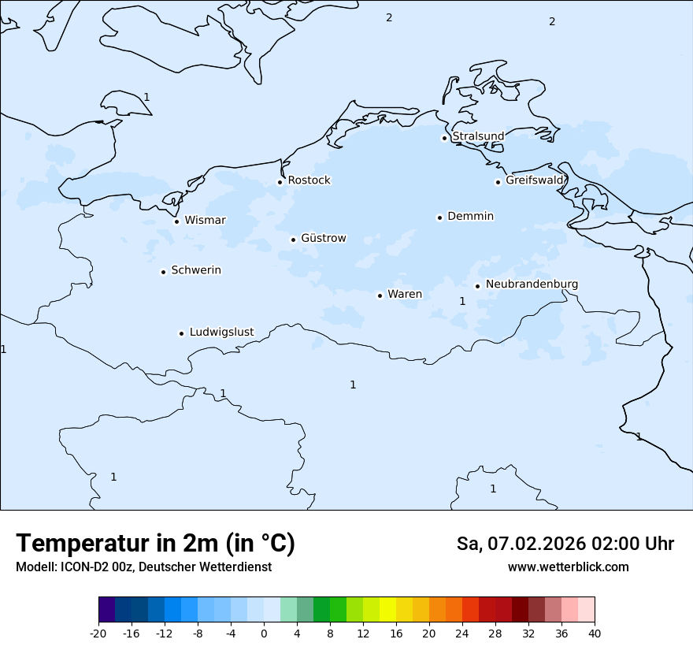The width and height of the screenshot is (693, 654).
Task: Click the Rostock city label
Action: pos(309,180)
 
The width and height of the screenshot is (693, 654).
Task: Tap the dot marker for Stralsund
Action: pos(444,138)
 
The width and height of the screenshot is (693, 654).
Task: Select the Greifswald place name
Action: pos(535,180)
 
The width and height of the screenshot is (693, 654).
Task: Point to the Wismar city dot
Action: pos(176,221)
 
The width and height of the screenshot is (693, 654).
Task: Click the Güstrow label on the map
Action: pos(323,238)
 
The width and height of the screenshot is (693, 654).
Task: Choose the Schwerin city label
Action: pos(196,270)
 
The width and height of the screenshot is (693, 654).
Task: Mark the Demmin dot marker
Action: pos(439,217)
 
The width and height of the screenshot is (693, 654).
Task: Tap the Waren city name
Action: pos(405,294)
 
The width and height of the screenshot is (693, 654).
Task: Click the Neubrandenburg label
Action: pos(532,284)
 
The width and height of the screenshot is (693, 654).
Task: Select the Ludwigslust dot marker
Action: pos(181,333)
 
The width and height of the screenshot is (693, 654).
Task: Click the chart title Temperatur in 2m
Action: pos(155,543)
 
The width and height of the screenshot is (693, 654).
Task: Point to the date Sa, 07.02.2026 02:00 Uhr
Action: pos(565,544)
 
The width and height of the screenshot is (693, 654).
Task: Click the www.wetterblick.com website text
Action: pos(568,567)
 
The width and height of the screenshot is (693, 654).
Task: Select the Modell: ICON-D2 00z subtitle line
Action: pos(143,567)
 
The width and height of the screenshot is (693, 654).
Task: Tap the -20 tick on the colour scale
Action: pos(98,633)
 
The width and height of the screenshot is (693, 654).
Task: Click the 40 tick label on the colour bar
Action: pos(595,633)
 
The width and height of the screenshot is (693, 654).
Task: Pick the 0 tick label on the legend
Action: pos(264,633)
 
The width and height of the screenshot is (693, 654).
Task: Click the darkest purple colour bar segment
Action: pos(106,610)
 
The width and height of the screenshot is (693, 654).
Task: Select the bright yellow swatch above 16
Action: pos(387,610)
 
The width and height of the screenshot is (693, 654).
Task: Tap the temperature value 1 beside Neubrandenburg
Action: pos(462,301)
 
